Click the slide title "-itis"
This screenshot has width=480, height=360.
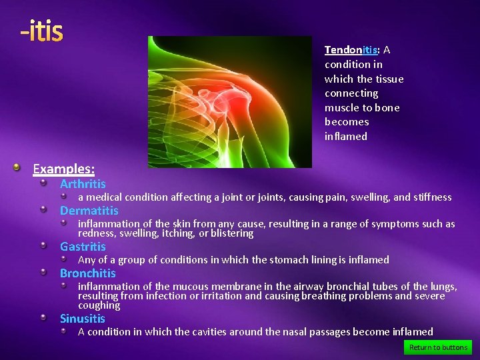click(x=41, y=31)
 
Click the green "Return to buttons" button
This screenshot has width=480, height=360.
click(x=438, y=347)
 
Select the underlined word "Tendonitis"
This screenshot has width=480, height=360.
click(x=351, y=50)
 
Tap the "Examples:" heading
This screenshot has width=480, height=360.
click(x=64, y=169)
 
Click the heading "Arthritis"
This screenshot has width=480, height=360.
click(x=83, y=184)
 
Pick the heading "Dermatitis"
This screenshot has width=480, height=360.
click(x=89, y=211)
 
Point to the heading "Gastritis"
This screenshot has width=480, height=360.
click(x=83, y=247)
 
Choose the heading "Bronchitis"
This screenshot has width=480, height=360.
click(x=88, y=273)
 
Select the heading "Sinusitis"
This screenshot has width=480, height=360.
click(x=83, y=319)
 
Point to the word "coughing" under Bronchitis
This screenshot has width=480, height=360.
click(x=99, y=305)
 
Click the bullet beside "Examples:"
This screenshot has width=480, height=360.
click(x=23, y=168)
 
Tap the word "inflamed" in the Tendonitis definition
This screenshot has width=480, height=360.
click(x=345, y=136)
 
